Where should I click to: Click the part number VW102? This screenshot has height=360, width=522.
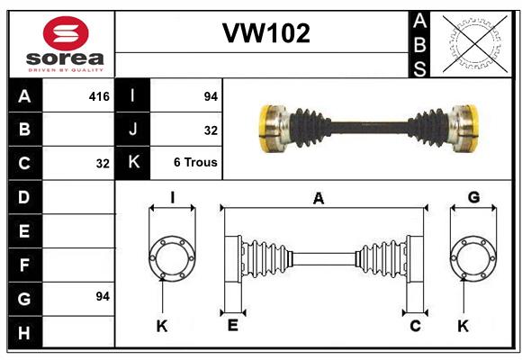266,33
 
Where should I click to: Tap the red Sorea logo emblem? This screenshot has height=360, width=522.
66,33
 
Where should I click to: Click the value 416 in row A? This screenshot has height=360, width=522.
99,96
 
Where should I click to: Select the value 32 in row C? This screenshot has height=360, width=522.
103,164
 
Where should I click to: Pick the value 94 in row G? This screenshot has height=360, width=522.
103,296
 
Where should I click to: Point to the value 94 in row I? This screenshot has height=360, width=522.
211,96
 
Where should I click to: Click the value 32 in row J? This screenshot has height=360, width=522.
211,130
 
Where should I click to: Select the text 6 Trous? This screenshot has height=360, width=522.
195,162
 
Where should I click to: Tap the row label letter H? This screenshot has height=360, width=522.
24,333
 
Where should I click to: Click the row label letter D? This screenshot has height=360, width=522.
24,197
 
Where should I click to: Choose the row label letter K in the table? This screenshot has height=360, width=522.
133,162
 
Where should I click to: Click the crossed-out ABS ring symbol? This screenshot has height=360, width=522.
475,44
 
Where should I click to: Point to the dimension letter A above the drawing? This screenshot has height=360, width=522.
319,199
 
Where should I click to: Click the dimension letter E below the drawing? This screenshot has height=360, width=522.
233,325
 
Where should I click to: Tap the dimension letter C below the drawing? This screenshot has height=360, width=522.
415,326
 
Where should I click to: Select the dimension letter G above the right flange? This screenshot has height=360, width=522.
473,197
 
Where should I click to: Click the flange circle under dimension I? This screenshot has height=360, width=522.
148,258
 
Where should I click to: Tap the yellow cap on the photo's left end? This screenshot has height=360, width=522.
265,129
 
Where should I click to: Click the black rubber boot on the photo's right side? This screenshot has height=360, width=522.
428,128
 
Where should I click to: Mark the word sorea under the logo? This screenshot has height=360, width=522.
65,58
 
